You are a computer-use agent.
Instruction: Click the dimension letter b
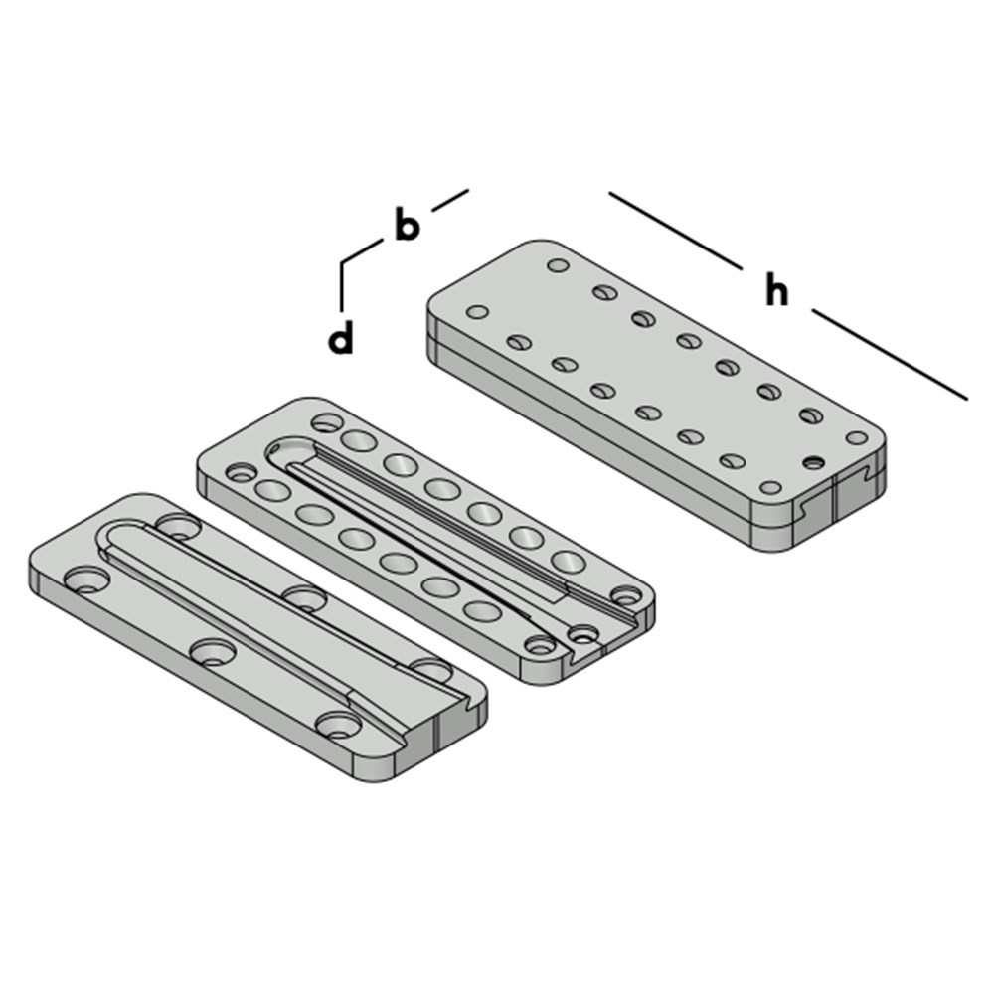[406, 225]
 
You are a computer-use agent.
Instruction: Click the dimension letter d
[341, 339]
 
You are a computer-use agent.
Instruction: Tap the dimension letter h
[777, 291]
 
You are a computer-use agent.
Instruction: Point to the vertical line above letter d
[342, 285]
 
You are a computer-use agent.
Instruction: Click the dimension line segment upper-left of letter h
[676, 231]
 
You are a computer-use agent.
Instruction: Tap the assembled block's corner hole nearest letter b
[558, 265]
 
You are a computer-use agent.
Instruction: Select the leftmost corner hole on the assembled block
[478, 312]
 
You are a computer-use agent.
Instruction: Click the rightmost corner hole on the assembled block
[856, 437]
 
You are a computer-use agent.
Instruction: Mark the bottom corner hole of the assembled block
[770, 488]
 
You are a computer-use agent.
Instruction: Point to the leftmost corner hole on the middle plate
[240, 472]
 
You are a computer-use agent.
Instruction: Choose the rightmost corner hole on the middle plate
[626, 595]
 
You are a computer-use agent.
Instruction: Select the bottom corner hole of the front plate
[339, 725]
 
